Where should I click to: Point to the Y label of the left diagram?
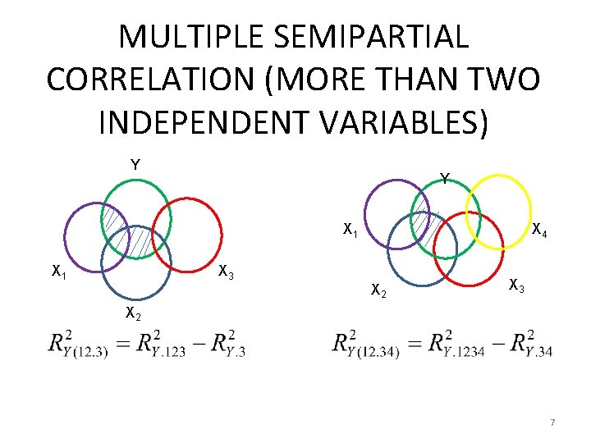tap(135, 165)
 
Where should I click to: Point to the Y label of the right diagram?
tap(443, 178)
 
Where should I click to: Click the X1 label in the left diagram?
tap(59, 271)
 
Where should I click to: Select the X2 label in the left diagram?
tap(133, 313)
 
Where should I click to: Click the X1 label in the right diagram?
tap(350, 229)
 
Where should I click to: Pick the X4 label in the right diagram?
tap(539, 231)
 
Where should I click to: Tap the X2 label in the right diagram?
tap(379, 290)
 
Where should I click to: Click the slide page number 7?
tap(552, 422)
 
